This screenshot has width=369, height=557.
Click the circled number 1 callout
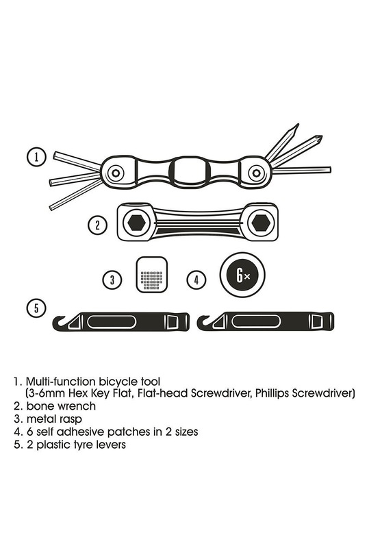pos(36,157)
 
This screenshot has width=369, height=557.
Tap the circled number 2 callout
pos(98,225)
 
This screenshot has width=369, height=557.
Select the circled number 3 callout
pos(112,280)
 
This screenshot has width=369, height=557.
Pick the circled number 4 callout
pos(196,280)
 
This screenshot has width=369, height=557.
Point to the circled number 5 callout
pos(36,308)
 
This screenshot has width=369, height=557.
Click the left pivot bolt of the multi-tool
pos(115,173)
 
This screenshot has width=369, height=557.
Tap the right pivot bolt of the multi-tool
pos(256,173)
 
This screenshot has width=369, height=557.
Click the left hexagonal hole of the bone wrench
pos(136,223)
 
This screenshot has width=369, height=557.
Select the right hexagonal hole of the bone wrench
pos(261,223)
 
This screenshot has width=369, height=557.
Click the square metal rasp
pos(152,275)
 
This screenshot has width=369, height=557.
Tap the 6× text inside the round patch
pos(242,275)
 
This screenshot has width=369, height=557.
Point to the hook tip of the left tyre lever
pos(62,317)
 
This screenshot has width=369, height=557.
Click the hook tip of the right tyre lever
pos(207,317)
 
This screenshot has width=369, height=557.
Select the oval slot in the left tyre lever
pos(112,322)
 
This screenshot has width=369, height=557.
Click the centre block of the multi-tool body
pos(190,171)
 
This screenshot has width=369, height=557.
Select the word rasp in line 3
pos(71,419)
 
